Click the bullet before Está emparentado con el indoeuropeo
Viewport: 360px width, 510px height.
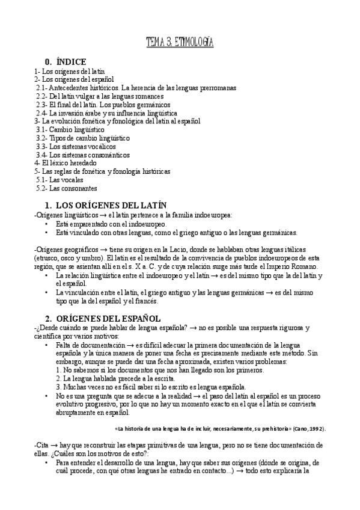coord(47,224)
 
